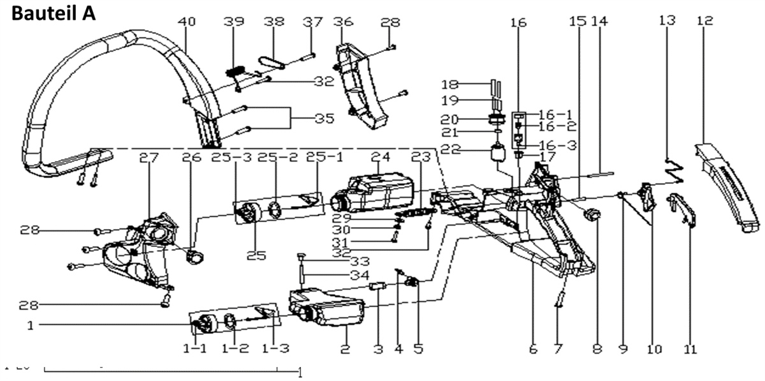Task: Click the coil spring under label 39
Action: pos(237,70)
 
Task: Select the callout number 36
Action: pos(344,22)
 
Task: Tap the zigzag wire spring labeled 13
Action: pos(673,169)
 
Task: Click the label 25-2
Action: pos(275,157)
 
